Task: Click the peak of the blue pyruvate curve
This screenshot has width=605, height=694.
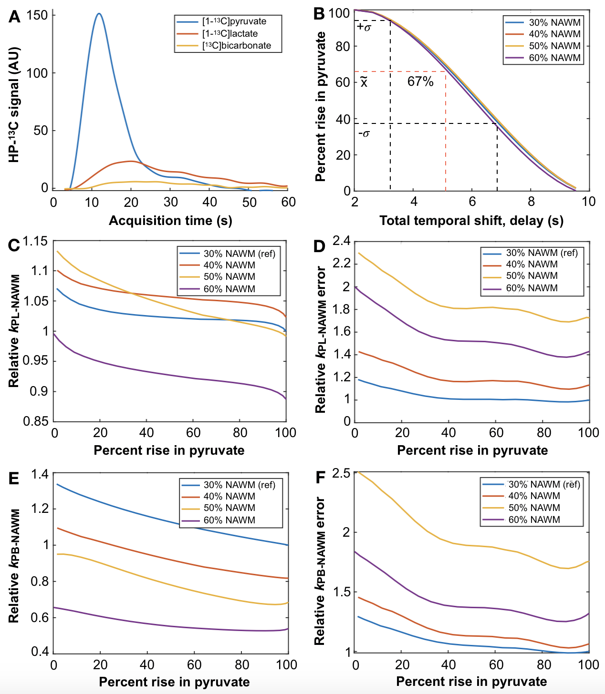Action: pyautogui.click(x=99, y=13)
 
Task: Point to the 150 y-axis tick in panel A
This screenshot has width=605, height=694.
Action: pyautogui.click(x=37, y=15)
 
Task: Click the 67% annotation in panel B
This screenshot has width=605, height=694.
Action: pyautogui.click(x=420, y=82)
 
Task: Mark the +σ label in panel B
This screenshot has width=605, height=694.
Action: pyautogui.click(x=364, y=27)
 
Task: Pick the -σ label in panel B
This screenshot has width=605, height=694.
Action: pyautogui.click(x=364, y=133)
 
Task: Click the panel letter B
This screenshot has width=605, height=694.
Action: pyautogui.click(x=319, y=14)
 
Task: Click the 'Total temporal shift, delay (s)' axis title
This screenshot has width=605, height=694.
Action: pyautogui.click(x=471, y=221)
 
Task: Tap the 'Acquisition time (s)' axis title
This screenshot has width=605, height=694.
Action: pyautogui.click(x=170, y=221)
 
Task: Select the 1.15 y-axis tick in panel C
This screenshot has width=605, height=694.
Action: pyautogui.click(x=35, y=241)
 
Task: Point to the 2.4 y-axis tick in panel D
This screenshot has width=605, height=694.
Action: pyautogui.click(x=342, y=241)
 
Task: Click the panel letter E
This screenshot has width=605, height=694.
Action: pyautogui.click(x=14, y=478)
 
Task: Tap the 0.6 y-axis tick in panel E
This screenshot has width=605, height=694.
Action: pyautogui.click(x=40, y=618)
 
